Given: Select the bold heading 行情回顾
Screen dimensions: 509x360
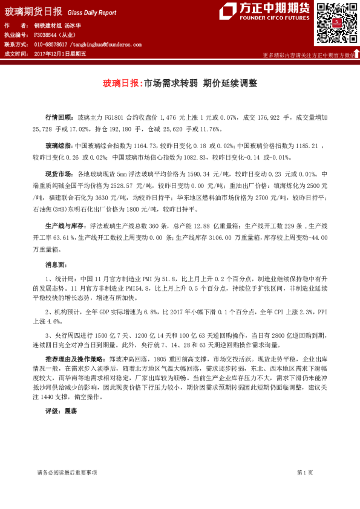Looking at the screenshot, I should [59, 116].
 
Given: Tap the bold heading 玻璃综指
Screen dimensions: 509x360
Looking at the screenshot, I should [59, 146].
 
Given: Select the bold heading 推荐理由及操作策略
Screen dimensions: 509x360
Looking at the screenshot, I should [74, 359].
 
